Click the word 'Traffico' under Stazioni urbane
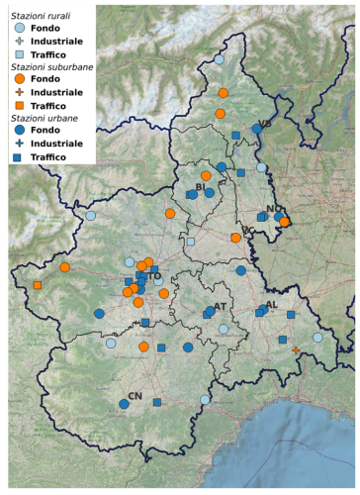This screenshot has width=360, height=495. (51, 156)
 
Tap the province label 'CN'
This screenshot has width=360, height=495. (135, 396)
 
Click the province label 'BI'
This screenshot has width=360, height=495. (199, 186)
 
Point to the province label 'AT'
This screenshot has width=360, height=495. (220, 306)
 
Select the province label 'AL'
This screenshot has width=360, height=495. (271, 305)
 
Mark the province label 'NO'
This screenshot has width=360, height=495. (273, 209)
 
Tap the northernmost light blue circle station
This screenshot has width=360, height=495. (219, 59)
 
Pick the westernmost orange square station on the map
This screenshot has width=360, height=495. (37, 285)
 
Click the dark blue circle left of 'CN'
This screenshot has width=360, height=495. (124, 404)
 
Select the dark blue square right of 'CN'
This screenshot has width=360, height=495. (156, 402)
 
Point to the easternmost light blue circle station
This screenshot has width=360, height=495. (317, 338)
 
